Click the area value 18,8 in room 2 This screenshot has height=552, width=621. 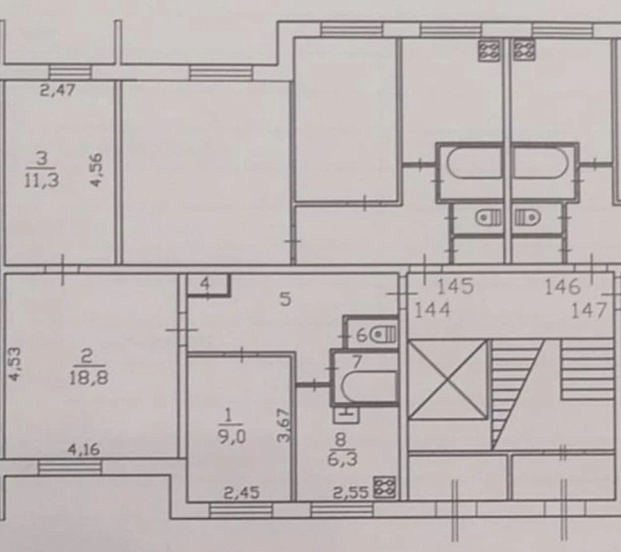[x=88, y=377]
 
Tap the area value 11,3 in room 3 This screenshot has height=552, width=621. [x=41, y=180]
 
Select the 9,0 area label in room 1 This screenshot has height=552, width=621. [x=231, y=437]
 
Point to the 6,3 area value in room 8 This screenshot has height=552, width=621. [x=343, y=459]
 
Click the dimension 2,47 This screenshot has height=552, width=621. [x=57, y=90]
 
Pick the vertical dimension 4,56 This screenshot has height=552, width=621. [x=97, y=170]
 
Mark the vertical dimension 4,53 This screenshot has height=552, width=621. [x=14, y=364]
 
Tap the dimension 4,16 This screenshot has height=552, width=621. [x=84, y=450]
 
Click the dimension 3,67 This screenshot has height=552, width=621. [x=285, y=425]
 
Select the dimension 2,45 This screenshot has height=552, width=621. [x=241, y=493]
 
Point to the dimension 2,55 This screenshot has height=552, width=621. [x=351, y=493]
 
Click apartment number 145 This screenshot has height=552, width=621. [x=455, y=286]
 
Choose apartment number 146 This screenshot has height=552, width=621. [x=563, y=286]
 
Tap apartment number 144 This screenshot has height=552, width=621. [x=432, y=310]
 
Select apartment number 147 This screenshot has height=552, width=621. [x=589, y=310]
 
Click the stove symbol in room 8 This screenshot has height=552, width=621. [x=384, y=488]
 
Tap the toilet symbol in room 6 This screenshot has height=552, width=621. [x=382, y=336]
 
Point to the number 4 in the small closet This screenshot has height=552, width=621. [x=205, y=284]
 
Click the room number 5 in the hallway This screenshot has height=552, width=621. [x=285, y=299]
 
